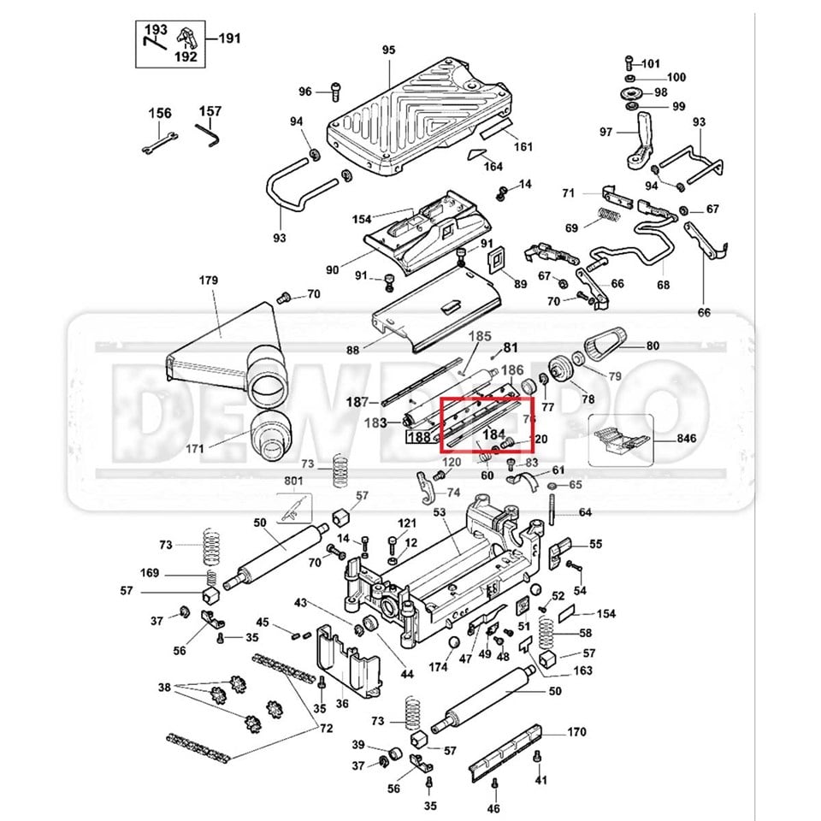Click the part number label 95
pyautogui.click(x=389, y=50)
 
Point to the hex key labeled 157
pyautogui.click(x=208, y=133)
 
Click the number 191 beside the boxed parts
pyautogui.click(x=231, y=38)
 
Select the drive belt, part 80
pyautogui.click(x=605, y=344)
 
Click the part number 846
pyautogui.click(x=686, y=439)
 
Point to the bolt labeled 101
pyautogui.click(x=629, y=62)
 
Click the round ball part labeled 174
pyautogui.click(x=454, y=642)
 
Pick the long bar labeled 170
pyautogui.click(x=505, y=753)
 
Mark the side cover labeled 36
pyautogui.click(x=349, y=659)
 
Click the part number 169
pyautogui.click(x=150, y=573)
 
